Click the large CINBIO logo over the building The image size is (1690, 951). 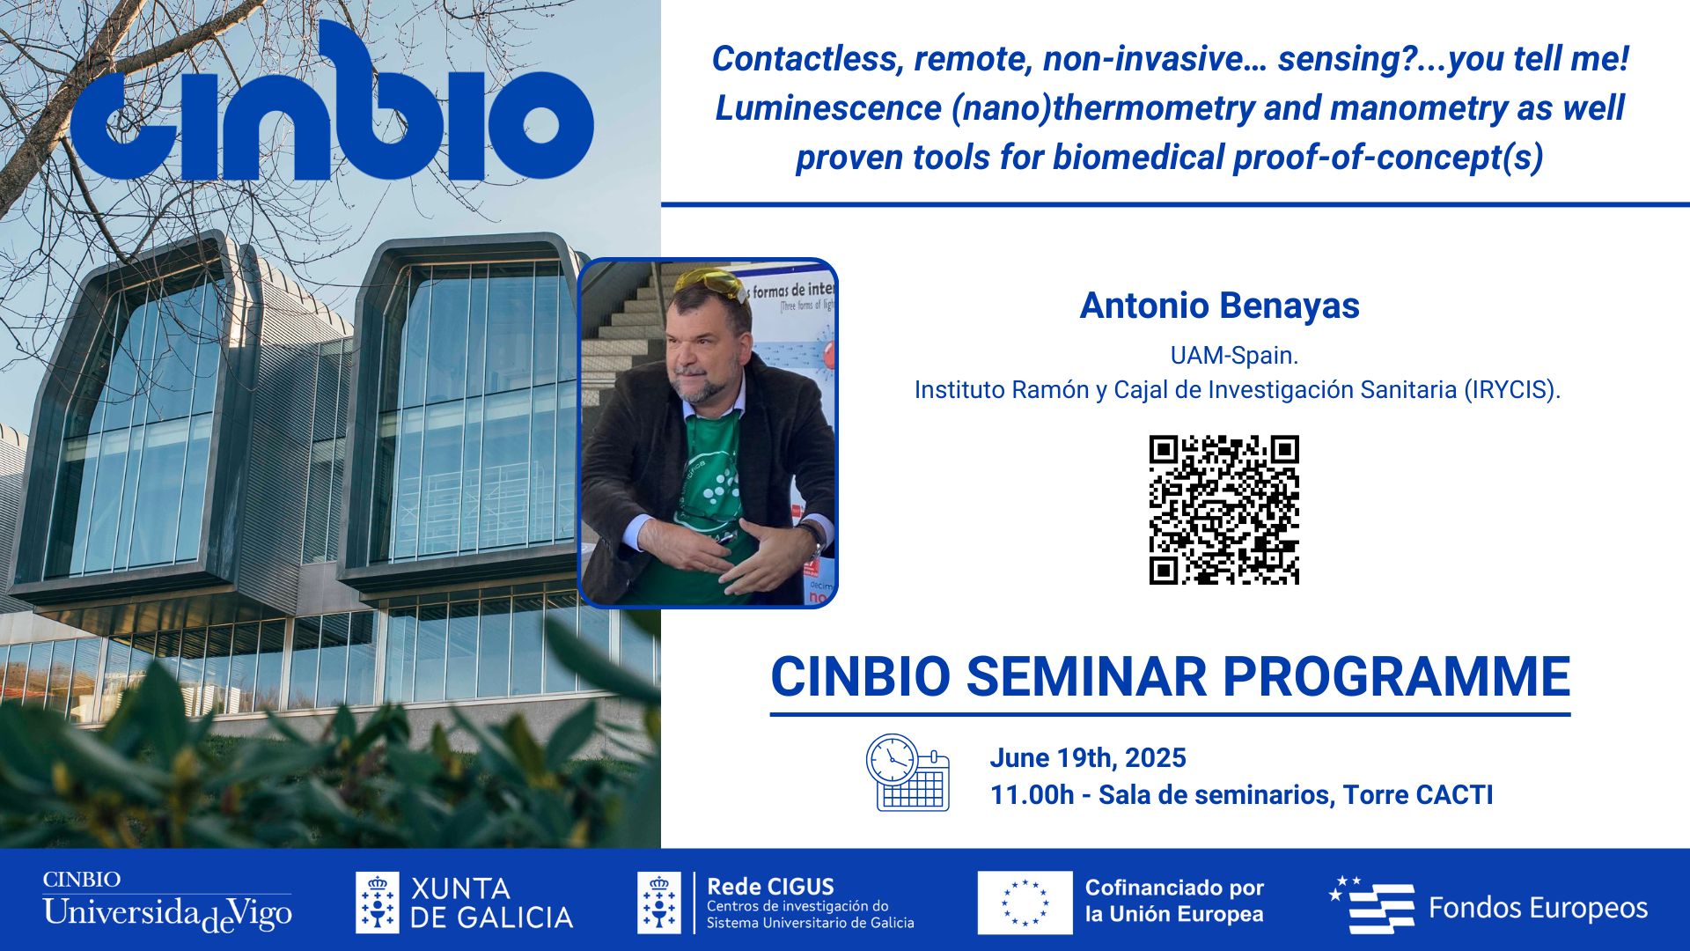point(333,104)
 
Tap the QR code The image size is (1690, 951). point(1223,510)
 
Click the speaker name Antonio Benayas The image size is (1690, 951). point(1219,306)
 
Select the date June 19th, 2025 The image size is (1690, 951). point(1088,758)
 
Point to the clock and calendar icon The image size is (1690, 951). point(907,773)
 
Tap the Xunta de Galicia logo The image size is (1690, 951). point(464,903)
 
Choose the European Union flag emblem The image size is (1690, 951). point(1025,903)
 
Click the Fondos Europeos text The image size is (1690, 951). point(1538,908)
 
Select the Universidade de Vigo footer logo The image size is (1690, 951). point(167,902)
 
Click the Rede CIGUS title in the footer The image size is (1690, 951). point(770,887)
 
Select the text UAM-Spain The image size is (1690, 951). point(1234,356)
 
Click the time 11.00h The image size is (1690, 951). point(1032,795)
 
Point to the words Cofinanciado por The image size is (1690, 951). point(1174,888)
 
